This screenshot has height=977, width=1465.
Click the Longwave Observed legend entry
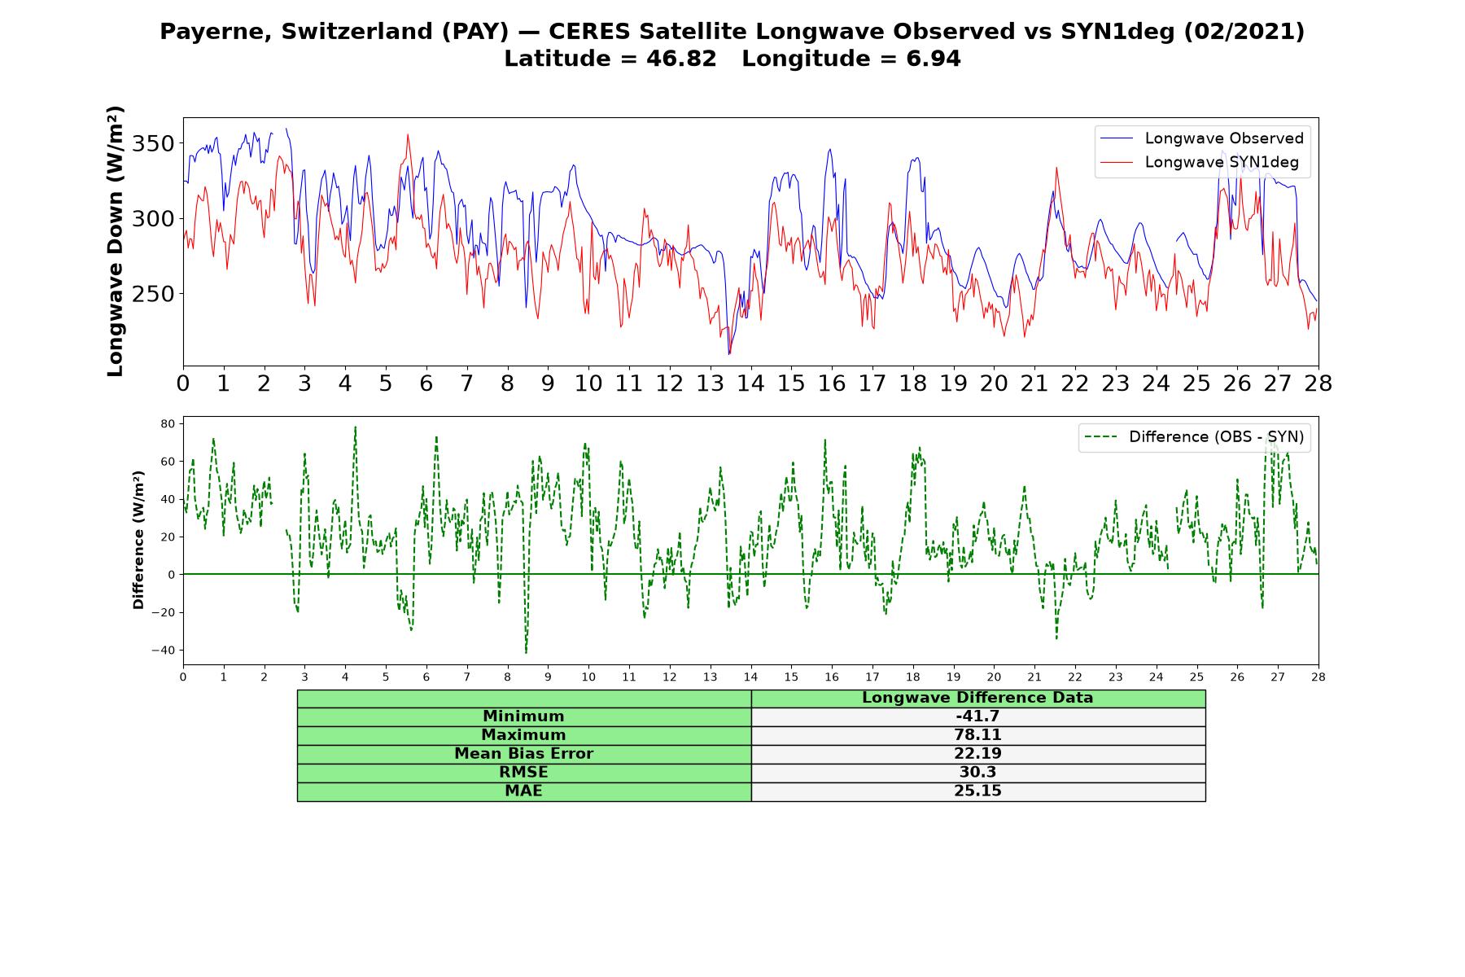click(1201, 138)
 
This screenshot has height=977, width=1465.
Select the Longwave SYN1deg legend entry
click(1200, 162)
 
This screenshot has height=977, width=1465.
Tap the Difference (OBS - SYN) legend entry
click(1194, 437)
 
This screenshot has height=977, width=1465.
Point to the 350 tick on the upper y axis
click(153, 144)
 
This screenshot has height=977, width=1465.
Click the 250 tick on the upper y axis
click(153, 294)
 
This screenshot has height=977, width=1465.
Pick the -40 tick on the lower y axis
click(163, 651)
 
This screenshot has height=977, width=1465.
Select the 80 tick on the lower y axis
click(168, 424)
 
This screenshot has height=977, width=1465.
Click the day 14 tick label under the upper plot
click(750, 383)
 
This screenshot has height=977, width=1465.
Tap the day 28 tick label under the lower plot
click(1318, 677)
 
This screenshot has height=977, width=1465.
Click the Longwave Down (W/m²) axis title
click(116, 241)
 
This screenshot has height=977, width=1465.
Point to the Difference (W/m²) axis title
click(138, 540)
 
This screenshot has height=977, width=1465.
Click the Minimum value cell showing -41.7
click(977, 716)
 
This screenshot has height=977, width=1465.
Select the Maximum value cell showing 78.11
click(977, 735)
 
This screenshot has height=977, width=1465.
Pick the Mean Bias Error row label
click(524, 754)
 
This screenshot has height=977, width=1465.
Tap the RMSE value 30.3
click(977, 773)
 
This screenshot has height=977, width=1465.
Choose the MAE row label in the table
click(523, 791)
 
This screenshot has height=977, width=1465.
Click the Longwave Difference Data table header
click(977, 698)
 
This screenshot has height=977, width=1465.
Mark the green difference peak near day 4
click(355, 427)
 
